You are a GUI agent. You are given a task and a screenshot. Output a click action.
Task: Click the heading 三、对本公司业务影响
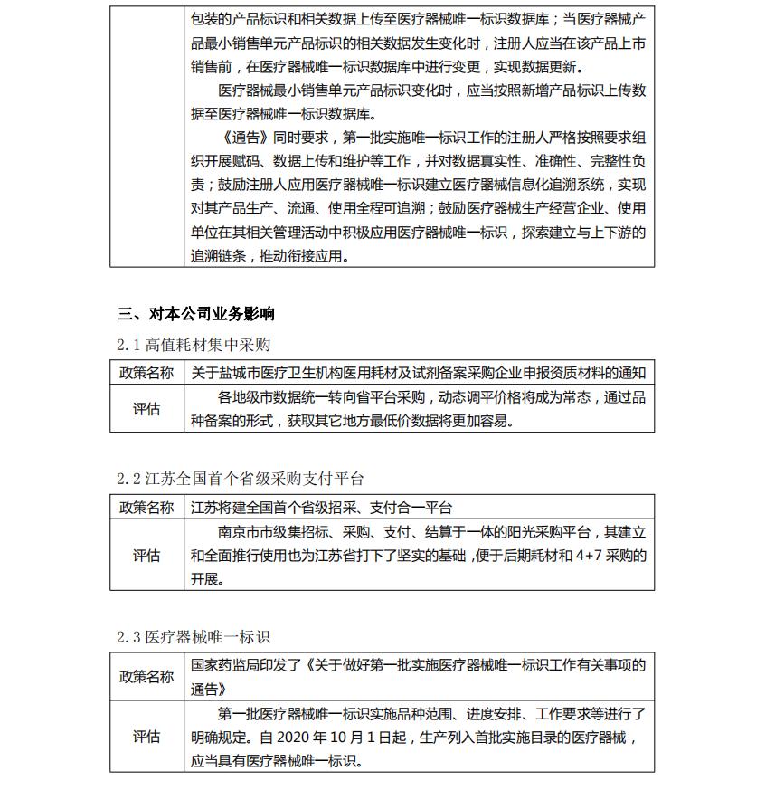[196, 314]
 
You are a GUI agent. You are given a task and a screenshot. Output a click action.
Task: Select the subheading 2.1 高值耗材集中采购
[194, 345]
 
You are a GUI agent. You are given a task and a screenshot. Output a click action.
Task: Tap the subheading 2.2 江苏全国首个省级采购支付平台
[241, 479]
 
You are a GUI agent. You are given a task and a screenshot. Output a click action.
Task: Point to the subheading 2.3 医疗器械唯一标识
[194, 637]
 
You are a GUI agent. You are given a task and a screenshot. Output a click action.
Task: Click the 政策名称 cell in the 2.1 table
[146, 373]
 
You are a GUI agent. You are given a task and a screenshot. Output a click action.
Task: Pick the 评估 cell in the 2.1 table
[146, 409]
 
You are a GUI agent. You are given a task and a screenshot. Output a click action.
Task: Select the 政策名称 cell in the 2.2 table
[146, 508]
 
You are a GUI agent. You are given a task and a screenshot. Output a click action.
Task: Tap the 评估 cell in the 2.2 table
[146, 556]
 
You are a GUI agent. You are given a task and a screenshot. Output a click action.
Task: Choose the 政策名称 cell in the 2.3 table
[146, 677]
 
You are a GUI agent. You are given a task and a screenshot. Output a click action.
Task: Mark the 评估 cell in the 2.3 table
[146, 737]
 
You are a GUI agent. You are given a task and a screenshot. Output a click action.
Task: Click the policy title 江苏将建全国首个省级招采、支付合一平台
[321, 508]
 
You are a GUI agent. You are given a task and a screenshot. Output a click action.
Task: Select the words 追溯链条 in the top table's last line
[218, 255]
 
